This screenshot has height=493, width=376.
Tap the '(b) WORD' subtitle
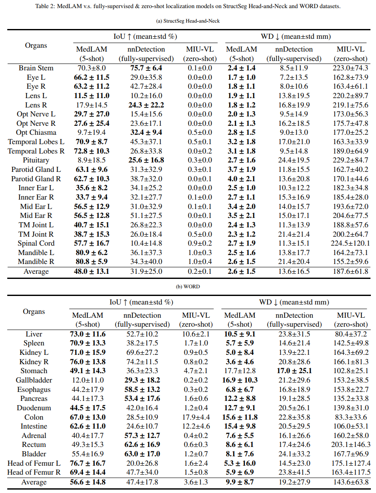[188, 287]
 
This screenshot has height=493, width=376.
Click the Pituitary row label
[36, 160]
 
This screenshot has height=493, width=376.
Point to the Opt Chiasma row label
[36, 133]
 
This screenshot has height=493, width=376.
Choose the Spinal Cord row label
[36, 244]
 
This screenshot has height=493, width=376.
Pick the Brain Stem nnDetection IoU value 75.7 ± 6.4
[146, 68]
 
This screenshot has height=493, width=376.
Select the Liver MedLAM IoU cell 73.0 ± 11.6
[87, 334]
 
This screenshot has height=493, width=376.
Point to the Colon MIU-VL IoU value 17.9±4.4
[196, 417]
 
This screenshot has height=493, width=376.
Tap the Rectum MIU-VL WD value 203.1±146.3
[350, 445]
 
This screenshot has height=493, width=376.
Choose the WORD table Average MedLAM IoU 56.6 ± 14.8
[87, 482]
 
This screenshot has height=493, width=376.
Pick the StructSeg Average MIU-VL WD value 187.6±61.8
[350, 272]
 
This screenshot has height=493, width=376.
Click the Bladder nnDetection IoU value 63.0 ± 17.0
[143, 454]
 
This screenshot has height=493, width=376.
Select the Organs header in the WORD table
[34, 311]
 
